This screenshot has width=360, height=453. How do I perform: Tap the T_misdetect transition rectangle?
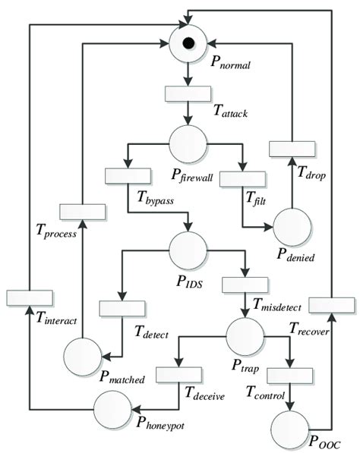point(245,285)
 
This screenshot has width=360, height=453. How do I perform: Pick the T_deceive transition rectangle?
point(178,374)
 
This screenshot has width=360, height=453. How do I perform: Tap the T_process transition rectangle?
point(84,212)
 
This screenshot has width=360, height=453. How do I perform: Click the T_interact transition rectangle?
point(28,297)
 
